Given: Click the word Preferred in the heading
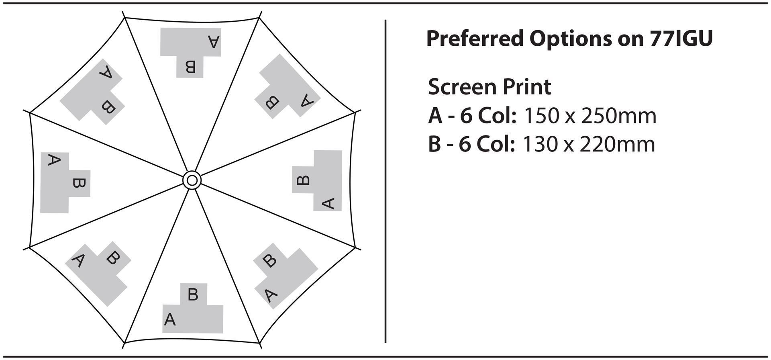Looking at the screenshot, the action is point(475,39).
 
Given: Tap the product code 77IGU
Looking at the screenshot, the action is point(681,39).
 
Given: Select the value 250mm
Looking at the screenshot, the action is point(618,116).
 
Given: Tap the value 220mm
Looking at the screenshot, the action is point(617,144).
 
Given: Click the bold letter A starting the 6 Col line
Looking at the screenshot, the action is point(435,116).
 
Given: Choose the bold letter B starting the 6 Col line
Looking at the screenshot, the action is point(434,144).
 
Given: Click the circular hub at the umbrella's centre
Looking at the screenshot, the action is point(192,180).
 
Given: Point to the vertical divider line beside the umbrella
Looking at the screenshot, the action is point(385,181).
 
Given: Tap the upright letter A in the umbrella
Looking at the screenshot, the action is point(170,320).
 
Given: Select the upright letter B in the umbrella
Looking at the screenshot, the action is point(193,295).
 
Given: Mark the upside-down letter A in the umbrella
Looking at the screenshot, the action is point(214,41).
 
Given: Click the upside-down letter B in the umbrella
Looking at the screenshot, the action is point(190,67).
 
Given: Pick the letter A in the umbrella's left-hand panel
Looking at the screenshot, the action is point(54,160).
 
